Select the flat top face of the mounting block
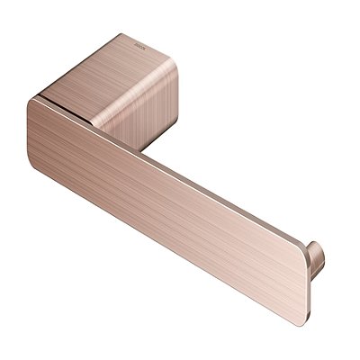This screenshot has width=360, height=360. point(117,67)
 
